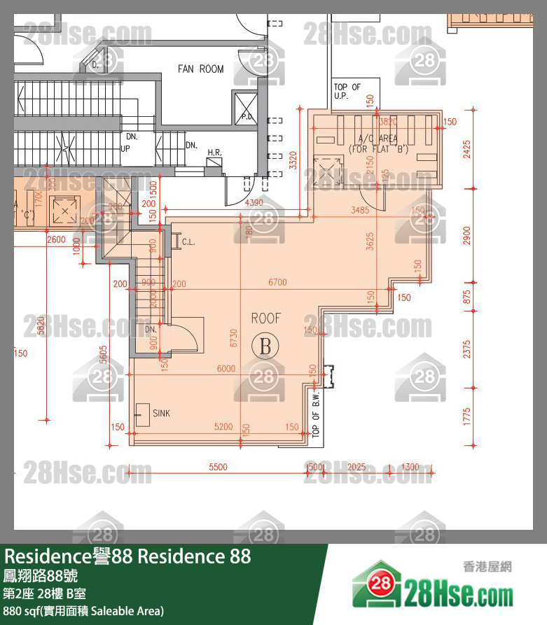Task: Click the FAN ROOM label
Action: point(200,69)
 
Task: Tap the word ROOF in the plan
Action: point(265,318)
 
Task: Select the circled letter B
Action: point(265,344)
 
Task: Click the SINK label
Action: point(161,414)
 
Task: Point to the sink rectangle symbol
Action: point(142,413)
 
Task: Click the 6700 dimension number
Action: point(277,283)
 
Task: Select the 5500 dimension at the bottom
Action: point(219,467)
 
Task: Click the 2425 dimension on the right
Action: point(467,150)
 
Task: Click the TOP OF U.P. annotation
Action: point(347,91)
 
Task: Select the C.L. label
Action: point(188,243)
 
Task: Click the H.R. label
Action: point(214,152)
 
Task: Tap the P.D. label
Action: point(247,117)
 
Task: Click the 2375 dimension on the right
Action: point(467,348)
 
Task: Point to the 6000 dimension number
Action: point(226,369)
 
